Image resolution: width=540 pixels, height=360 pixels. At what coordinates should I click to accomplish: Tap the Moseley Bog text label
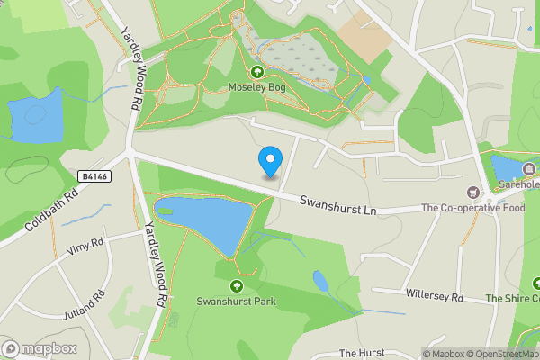coord(257,87)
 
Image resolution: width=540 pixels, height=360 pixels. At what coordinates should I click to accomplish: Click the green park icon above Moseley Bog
coord(257,72)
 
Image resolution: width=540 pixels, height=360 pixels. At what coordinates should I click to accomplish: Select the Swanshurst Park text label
coord(236,301)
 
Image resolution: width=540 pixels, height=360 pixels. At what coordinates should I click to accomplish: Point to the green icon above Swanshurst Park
coord(236,286)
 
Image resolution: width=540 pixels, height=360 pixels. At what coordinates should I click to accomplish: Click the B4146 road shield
coord(93,176)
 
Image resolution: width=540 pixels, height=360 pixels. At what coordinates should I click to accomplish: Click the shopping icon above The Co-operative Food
coord(472,193)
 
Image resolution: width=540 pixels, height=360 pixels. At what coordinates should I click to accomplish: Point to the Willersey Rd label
coord(433,296)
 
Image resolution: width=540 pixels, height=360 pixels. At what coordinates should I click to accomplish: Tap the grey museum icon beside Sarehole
coord(529,168)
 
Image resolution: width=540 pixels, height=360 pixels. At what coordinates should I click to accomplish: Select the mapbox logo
coord(40,348)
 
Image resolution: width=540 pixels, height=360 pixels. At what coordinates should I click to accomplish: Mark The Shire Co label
coord(512,298)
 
